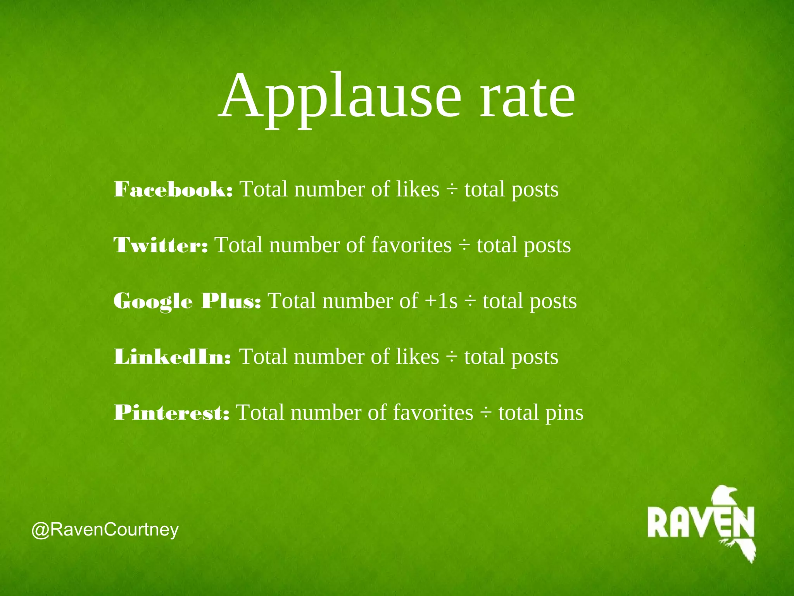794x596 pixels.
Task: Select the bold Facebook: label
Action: coord(173,190)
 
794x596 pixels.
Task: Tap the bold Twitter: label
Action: coord(161,245)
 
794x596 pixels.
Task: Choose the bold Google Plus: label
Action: coord(187,301)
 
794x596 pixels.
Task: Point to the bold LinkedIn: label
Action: coord(173,357)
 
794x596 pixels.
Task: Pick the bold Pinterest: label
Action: coord(172,412)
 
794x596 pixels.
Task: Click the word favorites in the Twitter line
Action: coord(411,245)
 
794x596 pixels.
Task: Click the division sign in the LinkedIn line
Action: coord(451,357)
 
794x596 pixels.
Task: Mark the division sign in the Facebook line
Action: coord(452,190)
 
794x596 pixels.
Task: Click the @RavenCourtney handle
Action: coord(105,530)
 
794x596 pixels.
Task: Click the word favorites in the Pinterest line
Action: coord(433,412)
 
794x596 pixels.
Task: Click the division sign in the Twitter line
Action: coord(464,246)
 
